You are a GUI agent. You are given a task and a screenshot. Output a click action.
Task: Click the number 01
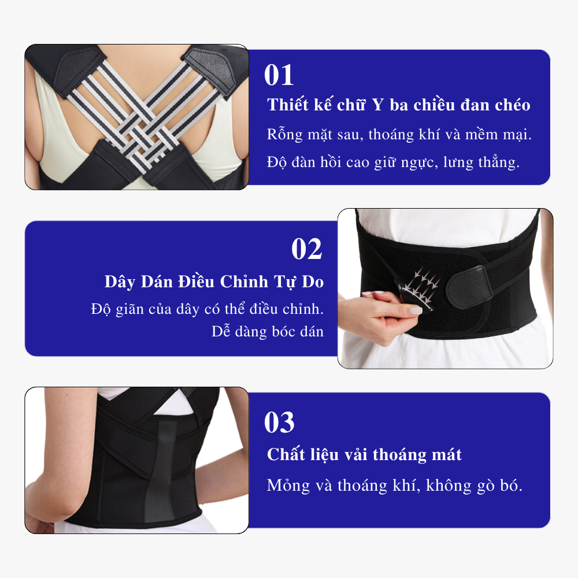[x=279, y=75]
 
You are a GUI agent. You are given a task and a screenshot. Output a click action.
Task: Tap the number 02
[x=307, y=249]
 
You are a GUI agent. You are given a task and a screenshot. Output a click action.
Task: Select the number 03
[x=279, y=423]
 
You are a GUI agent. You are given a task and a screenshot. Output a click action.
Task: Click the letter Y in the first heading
[x=377, y=105]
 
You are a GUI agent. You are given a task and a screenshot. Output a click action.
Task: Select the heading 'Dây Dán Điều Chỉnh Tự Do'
[x=214, y=282]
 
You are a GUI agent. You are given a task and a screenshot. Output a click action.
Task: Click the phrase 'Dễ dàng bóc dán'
[x=268, y=331]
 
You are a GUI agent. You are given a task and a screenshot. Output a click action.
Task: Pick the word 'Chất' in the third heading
[x=283, y=454]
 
